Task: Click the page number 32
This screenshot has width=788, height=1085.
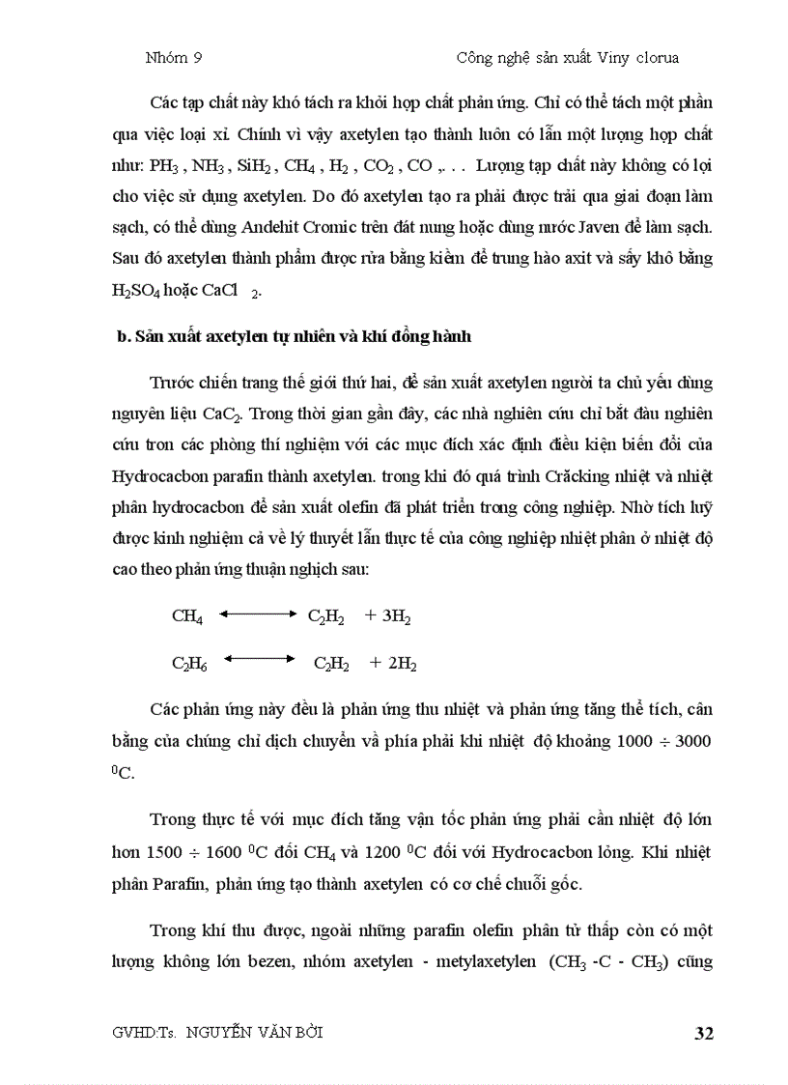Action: pos(703,1034)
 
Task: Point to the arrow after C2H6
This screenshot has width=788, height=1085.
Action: pos(259,658)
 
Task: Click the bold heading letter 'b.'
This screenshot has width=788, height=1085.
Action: pos(122,337)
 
